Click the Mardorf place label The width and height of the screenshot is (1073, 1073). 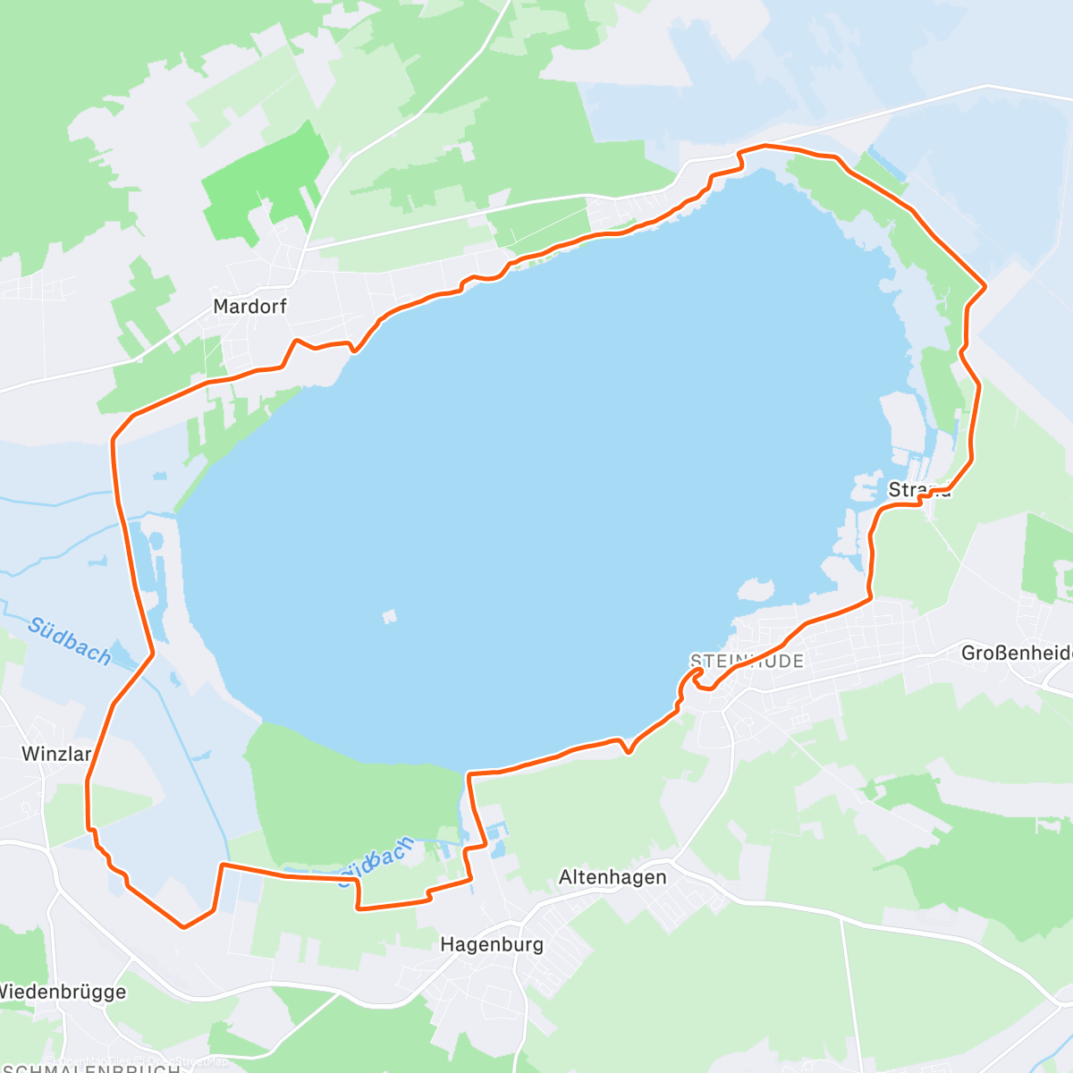click(250, 306)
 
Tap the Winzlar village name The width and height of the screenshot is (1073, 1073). click(56, 754)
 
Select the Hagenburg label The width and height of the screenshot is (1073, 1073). click(492, 944)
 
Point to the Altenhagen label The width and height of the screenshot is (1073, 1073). click(613, 877)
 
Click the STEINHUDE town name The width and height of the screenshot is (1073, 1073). click(748, 661)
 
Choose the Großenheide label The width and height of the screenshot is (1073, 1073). click(1017, 653)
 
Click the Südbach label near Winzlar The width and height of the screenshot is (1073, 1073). click(69, 640)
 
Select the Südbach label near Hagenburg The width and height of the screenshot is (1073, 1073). click(376, 862)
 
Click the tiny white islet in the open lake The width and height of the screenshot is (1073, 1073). click(389, 616)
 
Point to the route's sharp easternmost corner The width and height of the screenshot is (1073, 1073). click(984, 286)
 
